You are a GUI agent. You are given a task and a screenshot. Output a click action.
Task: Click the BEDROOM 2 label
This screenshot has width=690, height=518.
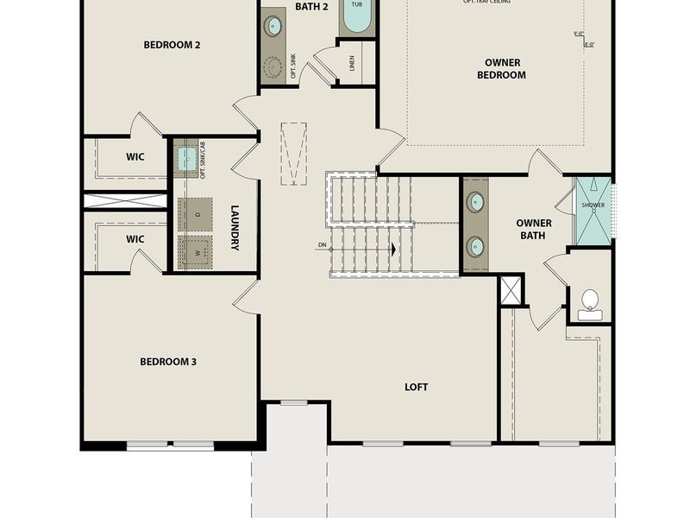pyautogui.click(x=172, y=45)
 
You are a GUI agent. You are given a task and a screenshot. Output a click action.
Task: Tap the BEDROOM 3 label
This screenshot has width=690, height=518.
pyautogui.click(x=168, y=361)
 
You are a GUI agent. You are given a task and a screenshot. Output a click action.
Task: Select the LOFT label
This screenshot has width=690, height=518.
pyautogui.click(x=417, y=387)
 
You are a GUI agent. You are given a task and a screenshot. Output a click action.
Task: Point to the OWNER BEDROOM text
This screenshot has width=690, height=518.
pyautogui.click(x=501, y=68)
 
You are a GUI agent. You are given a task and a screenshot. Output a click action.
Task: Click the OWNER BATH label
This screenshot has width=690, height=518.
pyautogui.click(x=534, y=229)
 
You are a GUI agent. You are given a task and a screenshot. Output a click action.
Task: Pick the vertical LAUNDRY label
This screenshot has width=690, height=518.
pyautogui.click(x=234, y=227)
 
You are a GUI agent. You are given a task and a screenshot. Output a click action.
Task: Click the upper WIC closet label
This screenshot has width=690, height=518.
pyautogui.click(x=135, y=156)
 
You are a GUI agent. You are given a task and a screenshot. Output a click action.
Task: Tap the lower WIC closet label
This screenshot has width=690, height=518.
pyautogui.click(x=135, y=238)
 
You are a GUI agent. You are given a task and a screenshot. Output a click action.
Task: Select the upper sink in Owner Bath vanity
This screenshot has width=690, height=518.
pyautogui.click(x=475, y=203)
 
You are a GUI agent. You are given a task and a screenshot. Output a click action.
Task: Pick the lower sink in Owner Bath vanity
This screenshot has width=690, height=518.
pyautogui.click(x=475, y=247)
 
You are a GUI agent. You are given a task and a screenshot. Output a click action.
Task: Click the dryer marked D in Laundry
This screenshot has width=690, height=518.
pyautogui.click(x=195, y=214)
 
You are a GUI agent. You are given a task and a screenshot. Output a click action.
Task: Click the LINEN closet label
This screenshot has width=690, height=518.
pyautogui.click(x=352, y=62)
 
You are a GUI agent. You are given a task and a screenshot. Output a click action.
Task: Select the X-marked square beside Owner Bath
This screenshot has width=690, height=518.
pyautogui.click(x=511, y=290)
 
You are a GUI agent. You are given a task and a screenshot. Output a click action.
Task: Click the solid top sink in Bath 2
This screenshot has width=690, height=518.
pyautogui.click(x=273, y=24)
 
